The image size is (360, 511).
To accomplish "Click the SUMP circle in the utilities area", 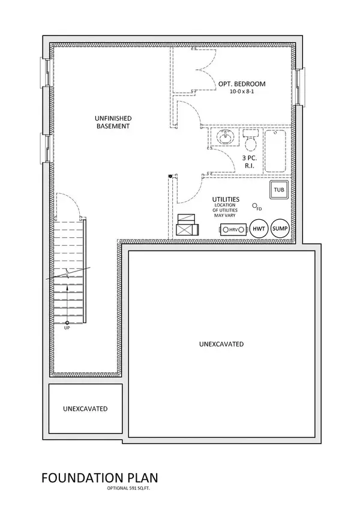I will click(x=280, y=229).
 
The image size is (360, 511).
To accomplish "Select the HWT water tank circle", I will click(x=259, y=229).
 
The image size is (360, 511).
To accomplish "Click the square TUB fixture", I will click(x=279, y=190).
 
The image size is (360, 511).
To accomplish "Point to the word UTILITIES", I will click(x=226, y=199).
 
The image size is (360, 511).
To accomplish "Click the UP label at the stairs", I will click(x=67, y=327).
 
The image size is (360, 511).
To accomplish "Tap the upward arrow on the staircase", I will click(x=67, y=288).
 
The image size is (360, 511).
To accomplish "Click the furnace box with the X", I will click(x=187, y=225).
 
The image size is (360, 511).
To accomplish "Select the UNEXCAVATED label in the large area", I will click(x=221, y=344).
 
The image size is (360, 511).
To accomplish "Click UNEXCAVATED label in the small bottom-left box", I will click(x=85, y=409).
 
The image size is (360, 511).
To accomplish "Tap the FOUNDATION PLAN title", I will click(x=100, y=478).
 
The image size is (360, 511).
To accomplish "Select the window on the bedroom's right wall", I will click(x=300, y=84).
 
